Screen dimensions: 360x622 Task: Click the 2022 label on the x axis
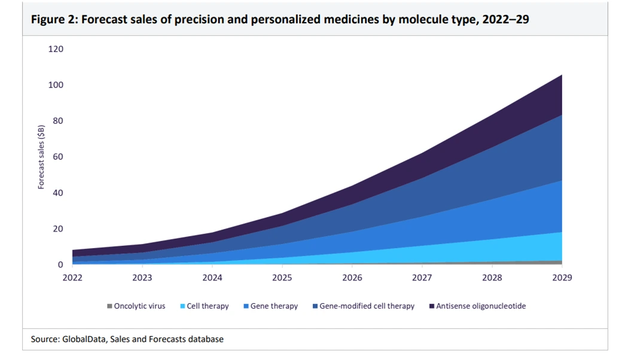pyautogui.click(x=72, y=278)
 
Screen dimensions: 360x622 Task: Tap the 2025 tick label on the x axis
pyautogui.click(x=282, y=278)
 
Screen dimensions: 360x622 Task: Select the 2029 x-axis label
pyautogui.click(x=561, y=278)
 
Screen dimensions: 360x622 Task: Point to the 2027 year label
pyautogui.click(x=422, y=278)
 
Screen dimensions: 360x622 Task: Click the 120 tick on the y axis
pyautogui.click(x=56, y=49)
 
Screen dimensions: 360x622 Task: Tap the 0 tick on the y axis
pyautogui.click(x=60, y=265)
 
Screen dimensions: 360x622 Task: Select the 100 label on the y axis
pyautogui.click(x=56, y=85)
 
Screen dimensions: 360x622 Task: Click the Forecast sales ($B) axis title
pyautogui.click(x=41, y=157)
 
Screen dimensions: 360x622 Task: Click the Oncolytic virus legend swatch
pyautogui.click(x=109, y=306)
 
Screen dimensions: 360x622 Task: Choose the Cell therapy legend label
pyautogui.click(x=208, y=306)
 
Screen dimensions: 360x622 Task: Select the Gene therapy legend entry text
pyautogui.click(x=274, y=306)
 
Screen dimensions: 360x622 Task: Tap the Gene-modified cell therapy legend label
pyautogui.click(x=367, y=306)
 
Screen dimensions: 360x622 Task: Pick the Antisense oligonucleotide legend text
pyautogui.click(x=481, y=306)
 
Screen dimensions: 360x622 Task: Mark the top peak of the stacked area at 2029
pyautogui.click(x=561, y=75)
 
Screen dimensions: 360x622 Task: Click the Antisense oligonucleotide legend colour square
pyautogui.click(x=431, y=306)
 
